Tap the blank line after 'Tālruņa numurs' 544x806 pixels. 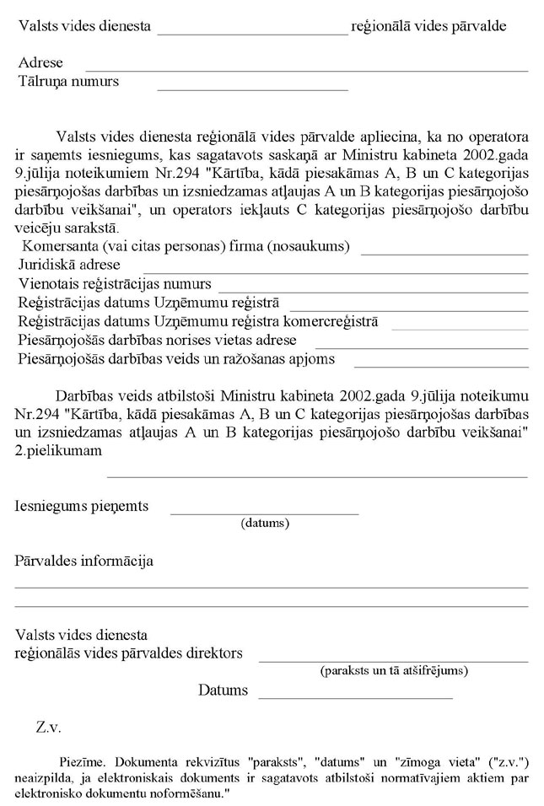tap(252, 88)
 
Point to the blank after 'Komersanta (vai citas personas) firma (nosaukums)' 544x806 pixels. tap(444, 253)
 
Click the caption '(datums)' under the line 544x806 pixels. tap(265, 524)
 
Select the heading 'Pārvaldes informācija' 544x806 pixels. tap(83, 561)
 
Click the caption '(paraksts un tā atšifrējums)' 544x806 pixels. tap(394, 671)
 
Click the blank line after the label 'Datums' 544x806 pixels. tap(355, 698)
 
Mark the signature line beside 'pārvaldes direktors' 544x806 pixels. tap(393, 661)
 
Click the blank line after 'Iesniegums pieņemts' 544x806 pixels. tap(265, 513)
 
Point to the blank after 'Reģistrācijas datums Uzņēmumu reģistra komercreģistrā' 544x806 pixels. tap(459, 328)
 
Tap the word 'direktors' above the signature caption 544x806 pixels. tap(217, 653)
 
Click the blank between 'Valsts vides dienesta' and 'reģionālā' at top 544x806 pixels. tap(252, 33)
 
